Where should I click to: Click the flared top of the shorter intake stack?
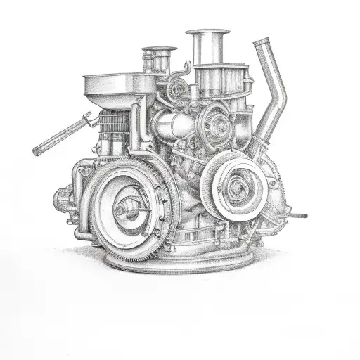159,51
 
